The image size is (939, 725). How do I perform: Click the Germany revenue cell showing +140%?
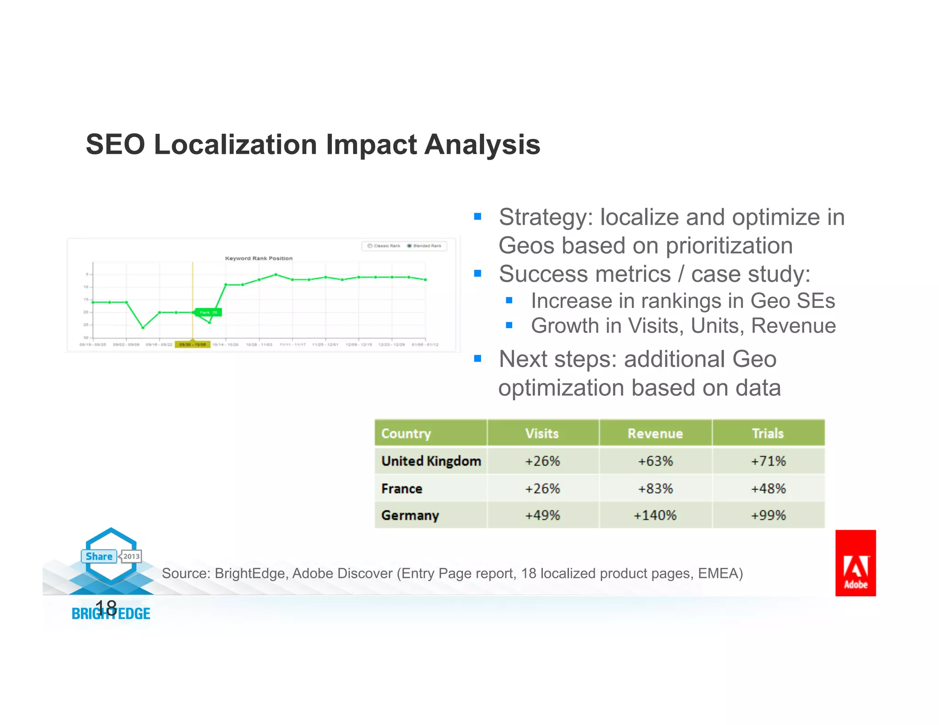655,516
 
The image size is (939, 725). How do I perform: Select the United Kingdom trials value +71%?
768,461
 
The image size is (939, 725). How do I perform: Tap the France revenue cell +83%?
655,489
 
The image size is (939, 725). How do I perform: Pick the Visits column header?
542,434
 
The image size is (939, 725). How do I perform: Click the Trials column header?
768,434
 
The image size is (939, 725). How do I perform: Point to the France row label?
402,489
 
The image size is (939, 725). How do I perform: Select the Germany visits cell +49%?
542,516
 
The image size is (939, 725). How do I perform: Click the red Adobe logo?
855,563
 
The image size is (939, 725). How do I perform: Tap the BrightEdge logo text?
111,614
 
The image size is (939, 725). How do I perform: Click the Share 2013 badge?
111,556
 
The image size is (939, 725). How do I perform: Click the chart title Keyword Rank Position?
259,258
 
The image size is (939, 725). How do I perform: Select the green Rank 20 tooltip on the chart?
209,313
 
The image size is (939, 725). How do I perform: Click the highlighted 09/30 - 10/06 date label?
193,345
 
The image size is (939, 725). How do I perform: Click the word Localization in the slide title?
235,144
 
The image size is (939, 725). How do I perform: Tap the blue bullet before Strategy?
478,216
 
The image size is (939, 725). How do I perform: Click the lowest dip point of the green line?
143,327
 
